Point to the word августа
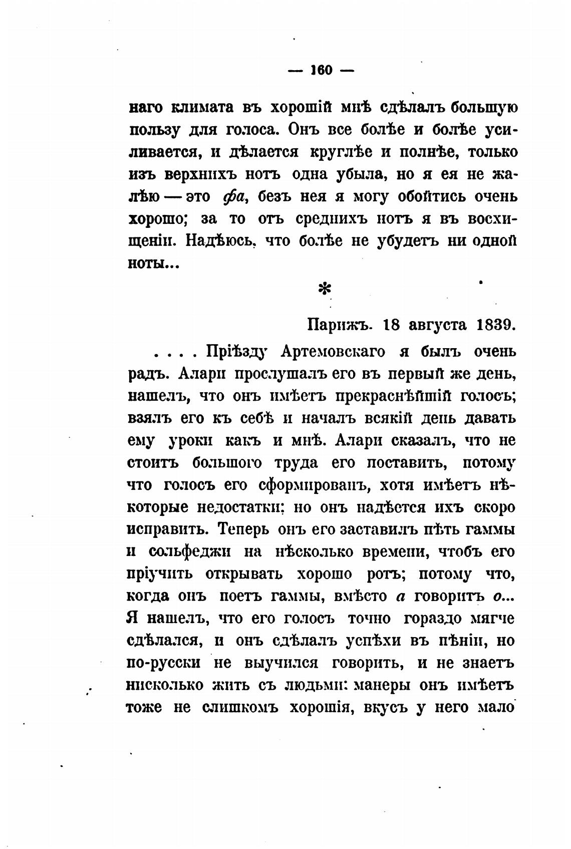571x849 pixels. pos(436,325)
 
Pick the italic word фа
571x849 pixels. pos(233,197)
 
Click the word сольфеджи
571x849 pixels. pos(190,551)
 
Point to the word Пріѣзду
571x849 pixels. pos(235,353)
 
